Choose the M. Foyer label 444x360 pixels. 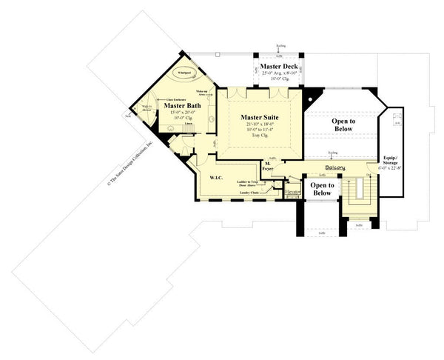(x=270, y=167)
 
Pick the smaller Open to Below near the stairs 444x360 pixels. (x=322, y=189)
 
